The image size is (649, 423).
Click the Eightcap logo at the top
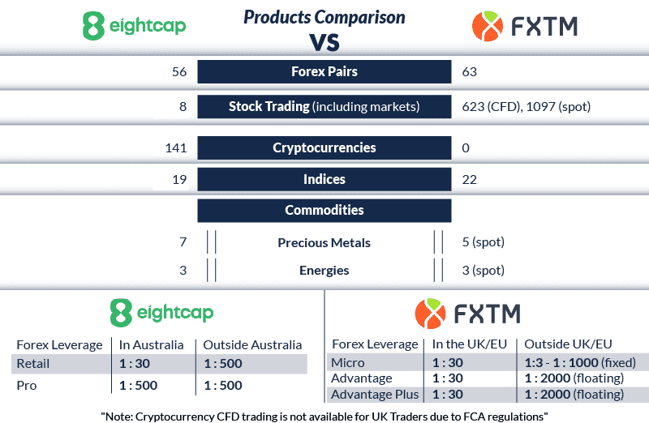(x=134, y=26)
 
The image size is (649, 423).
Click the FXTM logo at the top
(x=524, y=26)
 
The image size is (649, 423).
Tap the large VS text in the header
(x=324, y=41)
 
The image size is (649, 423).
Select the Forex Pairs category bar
(x=324, y=71)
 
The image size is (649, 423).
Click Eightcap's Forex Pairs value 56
(x=179, y=72)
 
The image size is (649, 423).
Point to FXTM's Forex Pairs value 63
(x=469, y=72)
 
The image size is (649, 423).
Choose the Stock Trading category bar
(x=324, y=106)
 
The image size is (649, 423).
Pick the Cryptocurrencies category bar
(x=324, y=148)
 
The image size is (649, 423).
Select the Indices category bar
(x=324, y=179)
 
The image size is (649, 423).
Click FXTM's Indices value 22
(x=469, y=179)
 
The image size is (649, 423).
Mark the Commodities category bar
(x=324, y=210)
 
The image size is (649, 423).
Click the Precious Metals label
(x=324, y=242)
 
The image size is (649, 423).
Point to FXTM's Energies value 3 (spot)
(x=483, y=270)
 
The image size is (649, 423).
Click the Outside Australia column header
(x=251, y=344)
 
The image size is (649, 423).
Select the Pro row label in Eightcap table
(x=28, y=385)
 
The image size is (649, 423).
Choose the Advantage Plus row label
(x=373, y=395)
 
